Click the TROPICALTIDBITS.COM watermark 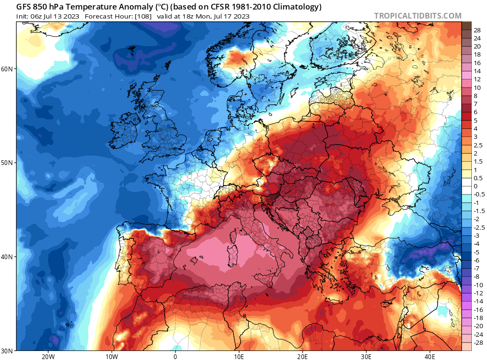click(418, 16)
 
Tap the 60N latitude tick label click(7, 69)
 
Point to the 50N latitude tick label click(7, 163)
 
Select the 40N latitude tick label click(7, 257)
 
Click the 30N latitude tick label click(7, 350)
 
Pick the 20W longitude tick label click(48, 356)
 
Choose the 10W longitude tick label click(111, 356)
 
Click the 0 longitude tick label click(175, 356)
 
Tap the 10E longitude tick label click(239, 356)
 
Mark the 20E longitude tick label click(302, 356)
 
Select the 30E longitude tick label click(366, 356)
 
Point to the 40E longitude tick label click(430, 356)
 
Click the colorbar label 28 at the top click(477, 30)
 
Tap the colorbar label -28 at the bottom click(477, 343)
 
